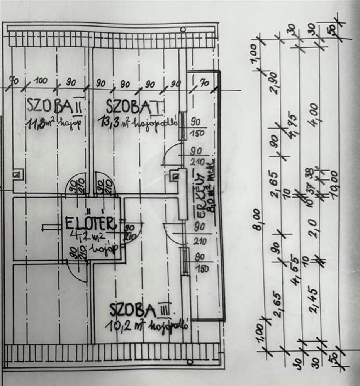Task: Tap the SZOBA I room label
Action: pos(134,106)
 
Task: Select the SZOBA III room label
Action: pos(140,310)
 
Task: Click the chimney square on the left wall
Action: pos(17,174)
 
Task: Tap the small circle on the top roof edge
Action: pos(183,29)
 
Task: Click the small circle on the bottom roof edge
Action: pos(190,362)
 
